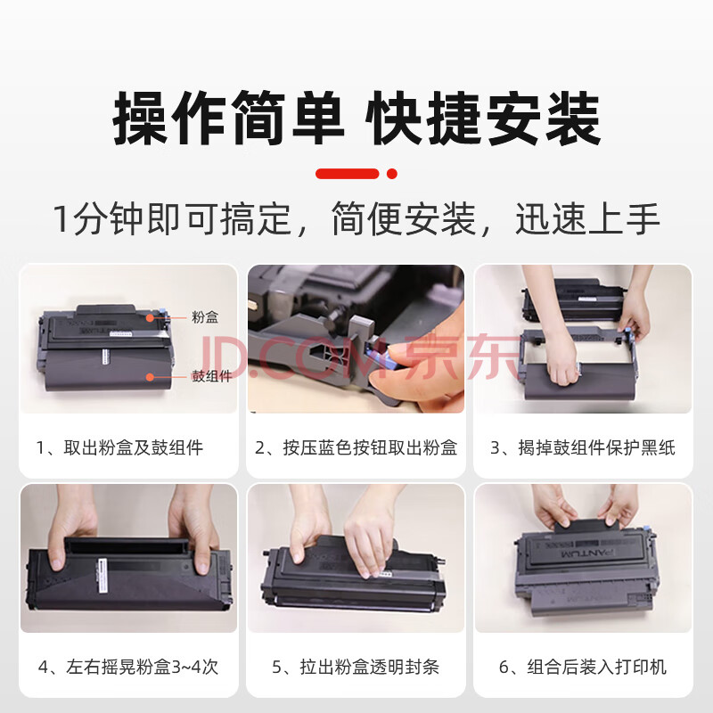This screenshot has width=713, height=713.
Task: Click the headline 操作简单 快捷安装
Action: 357,118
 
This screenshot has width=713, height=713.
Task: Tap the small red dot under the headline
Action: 392,174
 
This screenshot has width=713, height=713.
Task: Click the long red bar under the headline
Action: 347,174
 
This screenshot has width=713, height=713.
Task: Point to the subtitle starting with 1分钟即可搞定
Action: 356,219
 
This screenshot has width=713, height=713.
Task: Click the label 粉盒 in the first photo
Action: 205,317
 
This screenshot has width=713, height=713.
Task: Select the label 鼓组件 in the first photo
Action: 211,376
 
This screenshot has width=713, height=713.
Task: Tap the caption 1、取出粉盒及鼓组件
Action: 119,448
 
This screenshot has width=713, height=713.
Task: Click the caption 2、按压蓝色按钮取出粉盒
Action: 356,448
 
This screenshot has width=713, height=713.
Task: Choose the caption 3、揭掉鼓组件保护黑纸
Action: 583,448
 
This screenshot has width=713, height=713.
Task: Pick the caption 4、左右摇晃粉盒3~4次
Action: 128,667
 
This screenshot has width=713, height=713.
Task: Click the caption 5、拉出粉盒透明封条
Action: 356,667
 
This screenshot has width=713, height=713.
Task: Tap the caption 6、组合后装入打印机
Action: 583,667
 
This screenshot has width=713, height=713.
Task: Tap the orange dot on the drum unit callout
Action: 150,376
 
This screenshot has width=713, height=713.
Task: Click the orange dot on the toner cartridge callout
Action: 150,317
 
